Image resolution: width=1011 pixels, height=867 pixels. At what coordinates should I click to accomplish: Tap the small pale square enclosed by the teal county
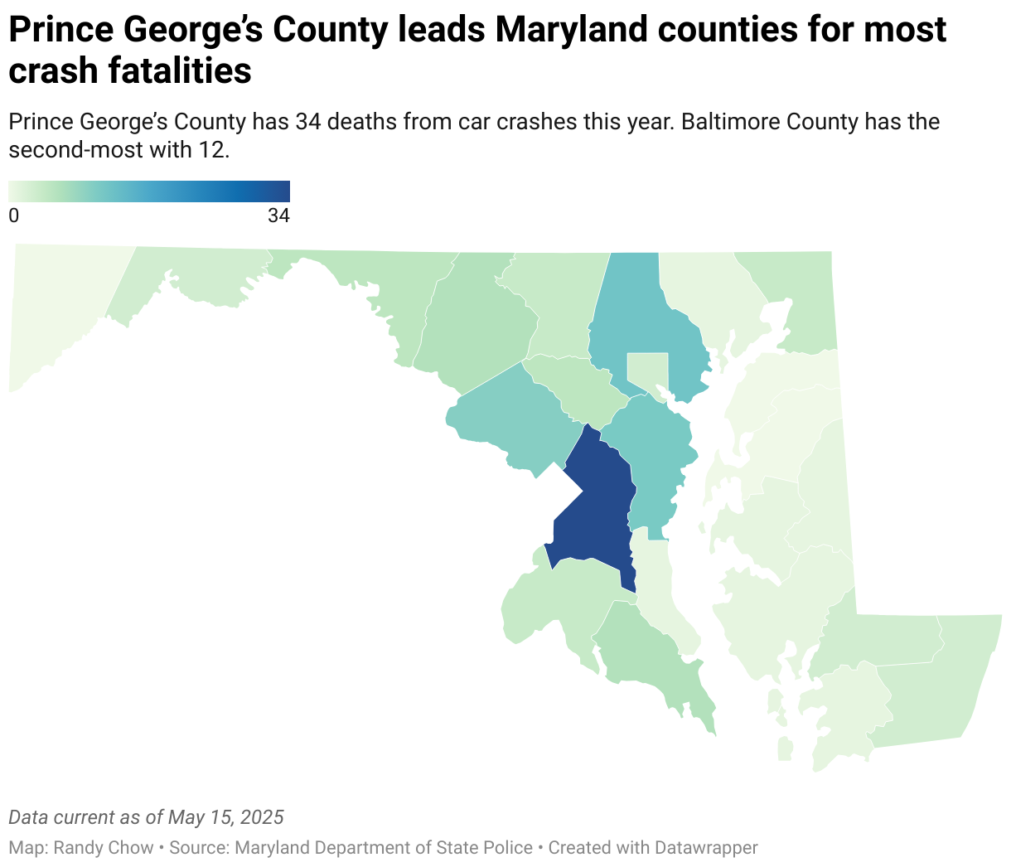647,369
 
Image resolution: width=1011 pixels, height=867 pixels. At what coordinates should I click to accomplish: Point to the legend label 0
13,216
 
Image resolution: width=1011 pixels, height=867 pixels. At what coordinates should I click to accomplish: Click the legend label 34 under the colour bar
278,216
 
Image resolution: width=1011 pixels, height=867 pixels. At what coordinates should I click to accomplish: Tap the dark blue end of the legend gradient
283,191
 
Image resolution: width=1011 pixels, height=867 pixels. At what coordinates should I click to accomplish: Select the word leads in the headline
441,31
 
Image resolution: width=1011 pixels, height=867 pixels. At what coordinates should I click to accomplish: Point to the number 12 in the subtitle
211,150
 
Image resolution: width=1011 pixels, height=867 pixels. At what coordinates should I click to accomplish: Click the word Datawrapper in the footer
705,848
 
